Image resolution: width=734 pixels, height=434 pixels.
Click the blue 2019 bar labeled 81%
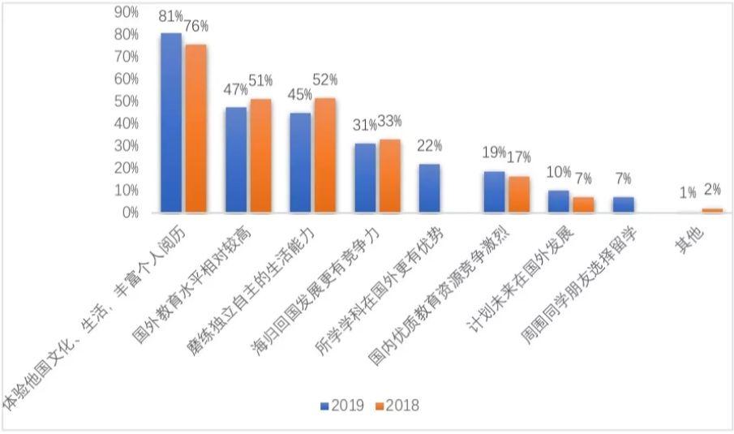[171, 122]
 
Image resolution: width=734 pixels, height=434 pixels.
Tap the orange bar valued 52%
[325, 155]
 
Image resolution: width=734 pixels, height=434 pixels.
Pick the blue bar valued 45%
[300, 162]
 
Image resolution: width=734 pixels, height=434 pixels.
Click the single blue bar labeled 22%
[430, 188]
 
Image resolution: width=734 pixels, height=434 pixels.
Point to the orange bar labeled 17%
[518, 195]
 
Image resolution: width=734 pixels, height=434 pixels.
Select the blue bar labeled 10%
[559, 201]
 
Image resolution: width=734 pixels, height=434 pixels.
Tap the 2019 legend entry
[341, 406]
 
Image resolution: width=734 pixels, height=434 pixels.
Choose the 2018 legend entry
[397, 406]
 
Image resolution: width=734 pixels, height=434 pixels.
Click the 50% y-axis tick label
[127, 101]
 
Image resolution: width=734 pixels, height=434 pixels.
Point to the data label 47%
[236, 88]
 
